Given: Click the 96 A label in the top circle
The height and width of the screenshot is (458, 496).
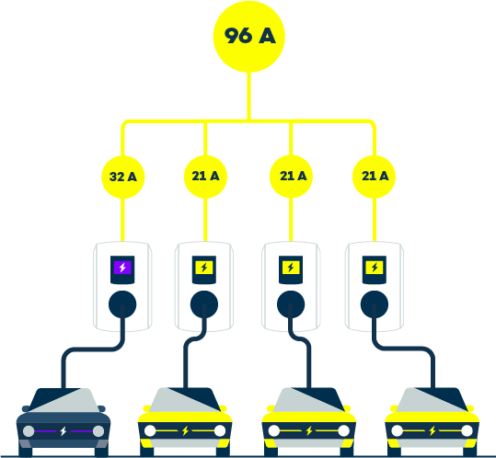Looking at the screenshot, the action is coord(249,35).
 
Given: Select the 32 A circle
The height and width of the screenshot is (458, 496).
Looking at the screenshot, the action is coord(123,177).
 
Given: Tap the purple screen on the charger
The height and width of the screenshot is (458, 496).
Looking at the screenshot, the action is coord(122,268).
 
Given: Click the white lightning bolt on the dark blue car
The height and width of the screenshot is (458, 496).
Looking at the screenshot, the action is coord(63,430).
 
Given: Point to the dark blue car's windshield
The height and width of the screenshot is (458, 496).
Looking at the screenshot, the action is coord(64,400).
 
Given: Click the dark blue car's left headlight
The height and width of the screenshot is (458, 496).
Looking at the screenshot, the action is coord(29,431).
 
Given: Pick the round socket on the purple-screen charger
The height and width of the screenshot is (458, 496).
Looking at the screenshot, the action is coord(122,304).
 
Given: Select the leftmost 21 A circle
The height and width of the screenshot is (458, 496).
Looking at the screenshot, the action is coord(205,177).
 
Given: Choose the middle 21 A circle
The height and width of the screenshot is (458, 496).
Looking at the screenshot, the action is coord(291,177).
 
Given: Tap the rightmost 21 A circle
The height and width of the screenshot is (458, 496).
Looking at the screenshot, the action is coord(374,177).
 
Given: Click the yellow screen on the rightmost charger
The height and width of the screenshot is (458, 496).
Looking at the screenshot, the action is coord(375,268).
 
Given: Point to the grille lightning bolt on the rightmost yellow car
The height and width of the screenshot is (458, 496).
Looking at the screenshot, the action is coord(433,430).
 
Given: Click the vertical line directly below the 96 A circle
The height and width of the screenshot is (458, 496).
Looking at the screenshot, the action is coord(249,96).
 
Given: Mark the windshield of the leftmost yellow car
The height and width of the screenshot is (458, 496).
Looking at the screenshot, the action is coord(185,399).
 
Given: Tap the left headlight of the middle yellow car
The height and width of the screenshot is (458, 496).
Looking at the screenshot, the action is coord(274,430).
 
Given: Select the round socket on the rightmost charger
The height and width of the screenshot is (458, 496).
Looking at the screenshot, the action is coord(375,304).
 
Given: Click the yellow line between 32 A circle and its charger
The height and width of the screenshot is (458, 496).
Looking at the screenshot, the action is coord(122,220).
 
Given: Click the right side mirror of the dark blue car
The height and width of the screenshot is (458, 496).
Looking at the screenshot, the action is coord(101,408).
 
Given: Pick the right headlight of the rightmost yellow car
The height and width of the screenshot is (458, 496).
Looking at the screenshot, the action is coord(467,430).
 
